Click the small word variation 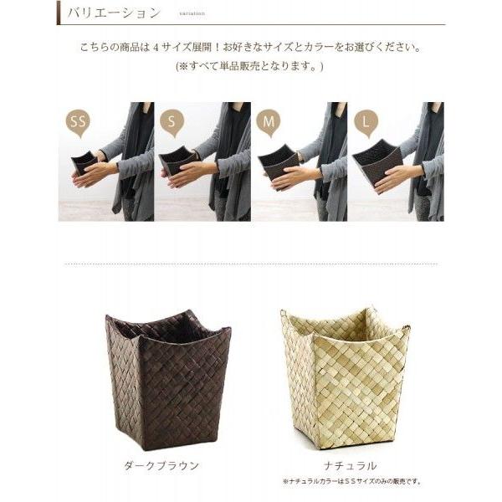191,14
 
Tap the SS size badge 79,122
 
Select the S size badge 172,122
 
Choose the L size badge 366,122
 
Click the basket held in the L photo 377,161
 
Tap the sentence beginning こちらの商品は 250,47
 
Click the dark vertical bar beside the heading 59,13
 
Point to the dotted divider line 250,264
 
